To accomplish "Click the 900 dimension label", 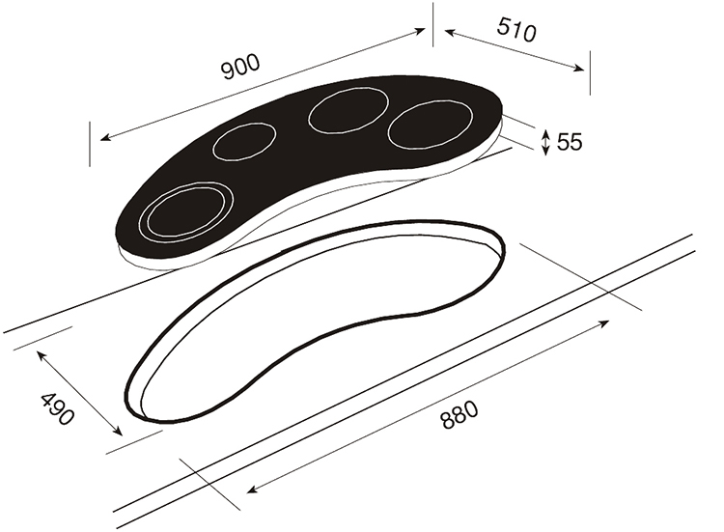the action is (x=241, y=67).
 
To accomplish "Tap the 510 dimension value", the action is (x=516, y=30).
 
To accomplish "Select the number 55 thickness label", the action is (x=570, y=142).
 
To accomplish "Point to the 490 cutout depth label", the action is (x=57, y=409).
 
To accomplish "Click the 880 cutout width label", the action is (x=459, y=415).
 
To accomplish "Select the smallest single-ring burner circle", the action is (x=244, y=142).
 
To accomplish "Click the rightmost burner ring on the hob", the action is (x=431, y=126).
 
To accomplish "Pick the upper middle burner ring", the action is (x=348, y=110).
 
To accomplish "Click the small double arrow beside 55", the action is (x=546, y=142).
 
